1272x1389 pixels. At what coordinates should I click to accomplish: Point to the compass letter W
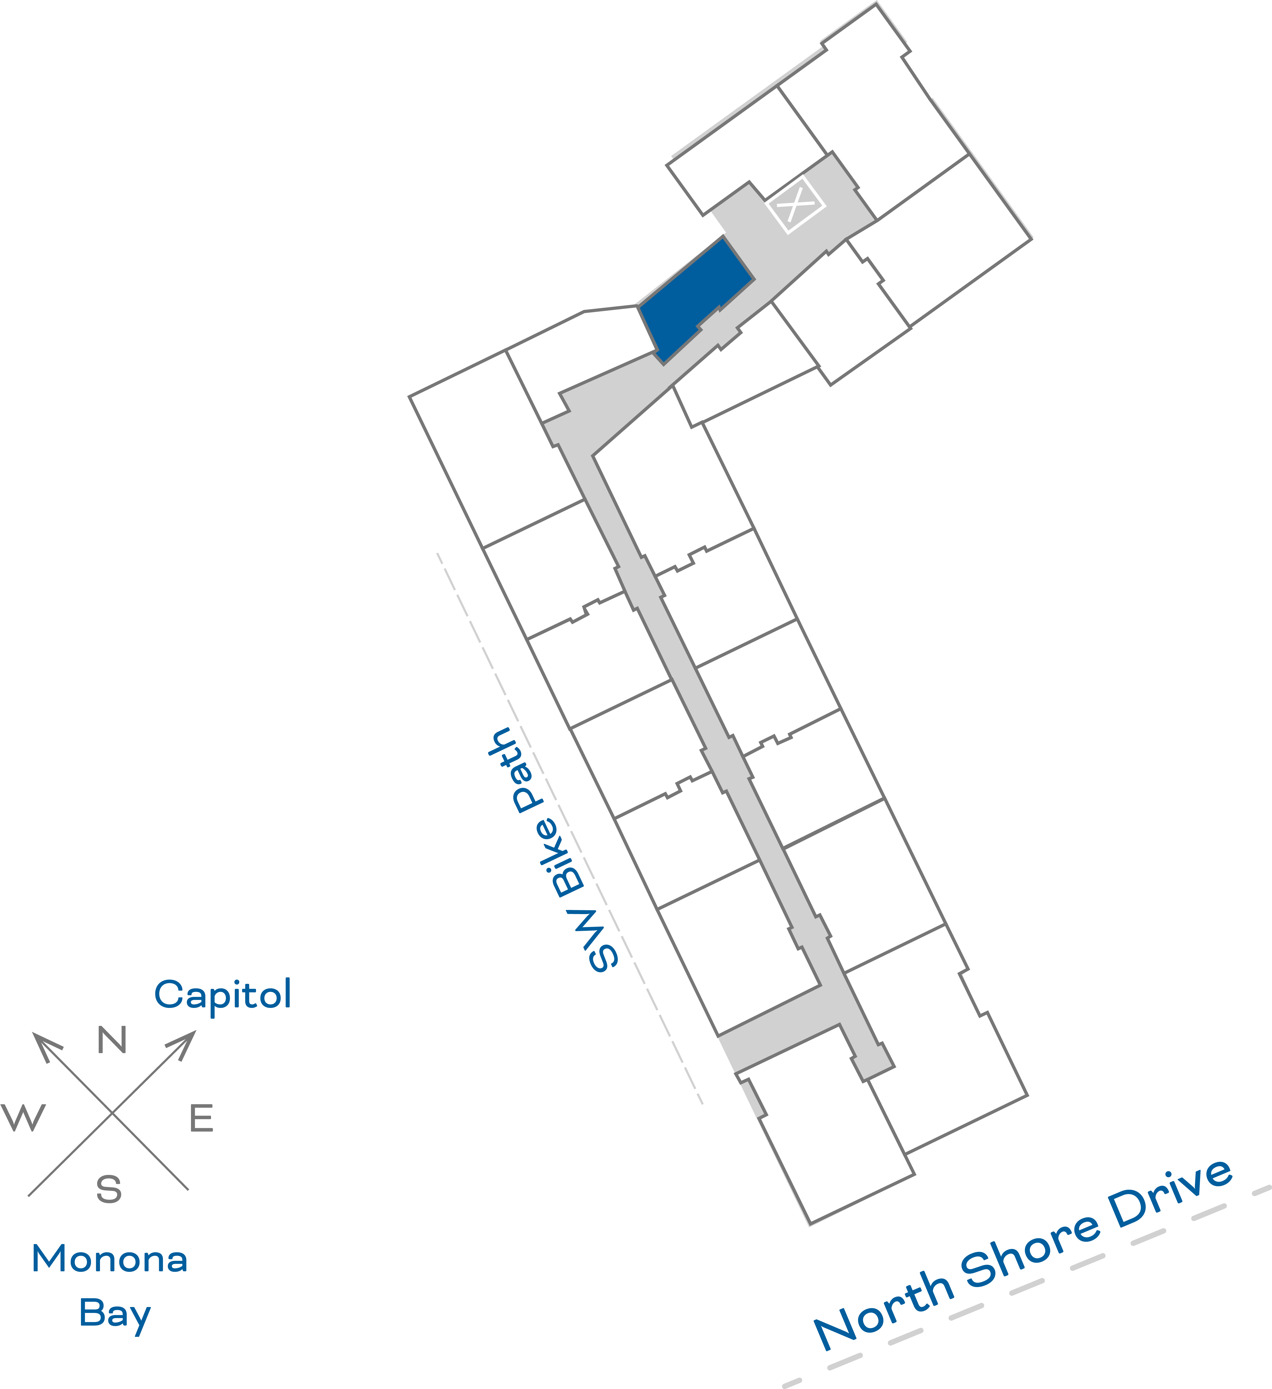23,1118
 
